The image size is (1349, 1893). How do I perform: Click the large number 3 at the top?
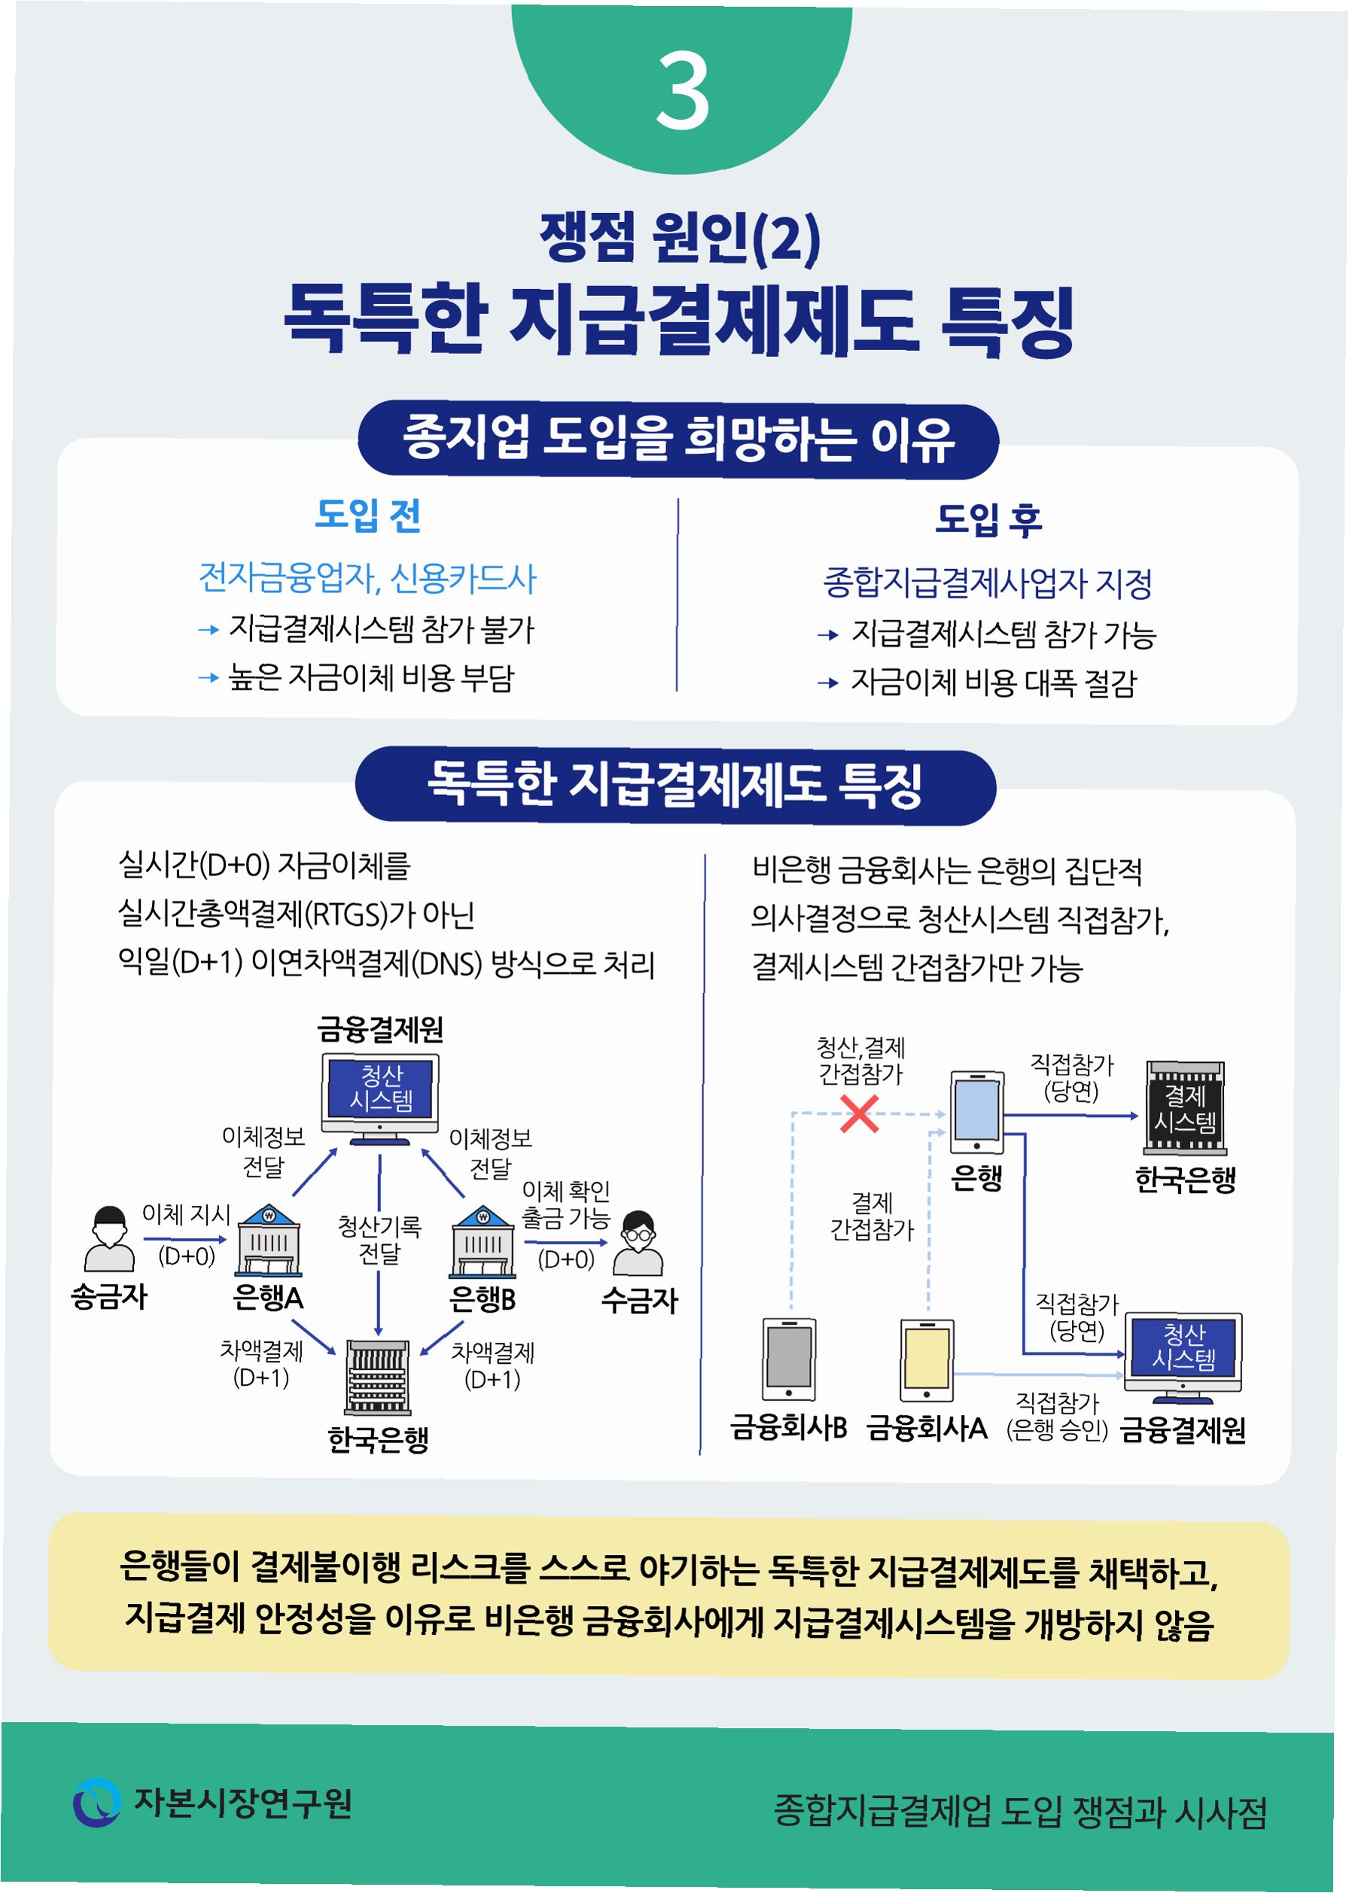[x=682, y=90]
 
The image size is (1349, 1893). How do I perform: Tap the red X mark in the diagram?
[x=859, y=1114]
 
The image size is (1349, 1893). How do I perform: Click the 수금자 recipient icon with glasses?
[x=637, y=1243]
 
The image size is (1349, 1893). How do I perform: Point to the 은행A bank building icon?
[x=268, y=1240]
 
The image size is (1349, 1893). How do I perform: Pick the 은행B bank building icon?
[x=483, y=1241]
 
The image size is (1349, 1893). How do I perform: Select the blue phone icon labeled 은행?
[x=976, y=1112]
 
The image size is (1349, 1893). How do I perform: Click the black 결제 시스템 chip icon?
[x=1185, y=1108]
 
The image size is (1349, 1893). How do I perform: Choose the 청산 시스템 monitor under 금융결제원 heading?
[x=380, y=1097]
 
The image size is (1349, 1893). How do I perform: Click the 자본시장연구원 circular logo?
[x=97, y=1803]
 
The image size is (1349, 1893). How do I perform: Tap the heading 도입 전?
[x=368, y=515]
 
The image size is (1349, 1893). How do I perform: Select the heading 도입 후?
[x=988, y=519]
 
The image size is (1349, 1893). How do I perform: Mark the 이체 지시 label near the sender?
[x=186, y=1214]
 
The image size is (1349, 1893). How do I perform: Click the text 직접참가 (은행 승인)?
[x=1057, y=1417]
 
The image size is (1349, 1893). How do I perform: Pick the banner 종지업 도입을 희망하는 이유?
[x=678, y=440]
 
